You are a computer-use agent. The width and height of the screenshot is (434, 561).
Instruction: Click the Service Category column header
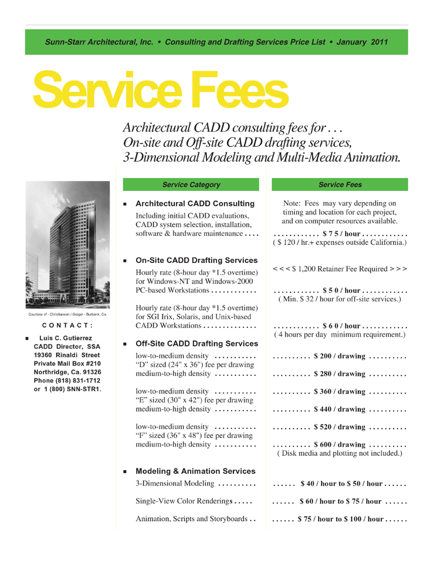point(191,185)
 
